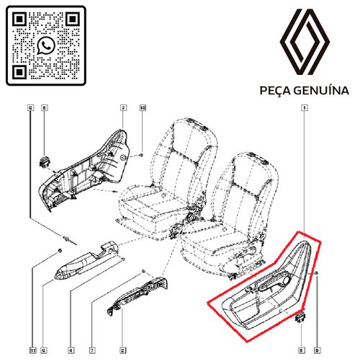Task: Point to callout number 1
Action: (306, 108)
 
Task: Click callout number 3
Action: (123, 108)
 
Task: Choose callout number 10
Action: (143, 108)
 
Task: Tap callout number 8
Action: (30, 108)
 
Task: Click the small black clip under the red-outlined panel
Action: (300, 317)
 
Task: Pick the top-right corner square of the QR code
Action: (74, 17)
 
